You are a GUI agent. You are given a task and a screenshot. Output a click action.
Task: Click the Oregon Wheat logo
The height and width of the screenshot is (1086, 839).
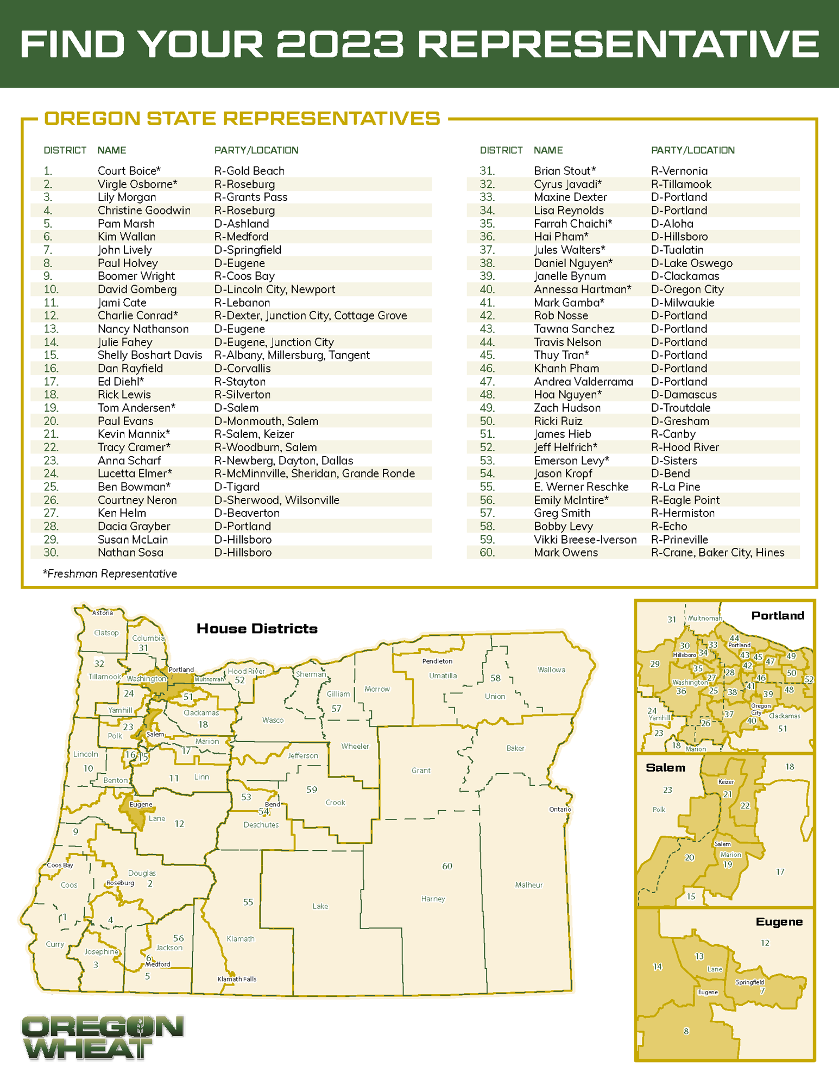[103, 1037]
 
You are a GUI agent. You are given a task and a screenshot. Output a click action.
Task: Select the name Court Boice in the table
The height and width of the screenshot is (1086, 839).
[129, 171]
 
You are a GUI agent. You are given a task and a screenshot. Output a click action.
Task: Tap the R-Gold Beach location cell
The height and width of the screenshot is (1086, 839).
[249, 171]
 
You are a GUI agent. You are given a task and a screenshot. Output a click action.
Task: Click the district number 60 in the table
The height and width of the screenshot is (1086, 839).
[487, 553]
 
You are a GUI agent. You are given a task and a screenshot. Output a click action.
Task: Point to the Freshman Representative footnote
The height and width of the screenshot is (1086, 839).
[110, 574]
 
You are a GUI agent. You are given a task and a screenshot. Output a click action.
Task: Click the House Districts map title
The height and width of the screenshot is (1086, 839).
[257, 629]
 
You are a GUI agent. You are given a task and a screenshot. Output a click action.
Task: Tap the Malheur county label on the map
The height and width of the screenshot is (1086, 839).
[528, 885]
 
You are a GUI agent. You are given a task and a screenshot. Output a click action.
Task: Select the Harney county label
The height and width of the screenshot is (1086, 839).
[433, 899]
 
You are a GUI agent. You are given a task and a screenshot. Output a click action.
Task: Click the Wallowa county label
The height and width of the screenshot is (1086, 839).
[551, 670]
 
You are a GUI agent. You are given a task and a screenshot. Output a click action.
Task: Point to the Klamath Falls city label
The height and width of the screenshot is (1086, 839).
[237, 979]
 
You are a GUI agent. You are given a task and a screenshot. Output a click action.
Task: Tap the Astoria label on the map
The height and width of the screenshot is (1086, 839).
[103, 613]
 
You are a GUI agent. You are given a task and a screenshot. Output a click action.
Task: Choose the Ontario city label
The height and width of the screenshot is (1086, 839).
[560, 809]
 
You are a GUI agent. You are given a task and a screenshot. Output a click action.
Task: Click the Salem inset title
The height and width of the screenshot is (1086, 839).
[665, 768]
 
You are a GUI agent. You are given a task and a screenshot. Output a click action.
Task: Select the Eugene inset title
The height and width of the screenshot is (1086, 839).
[779, 922]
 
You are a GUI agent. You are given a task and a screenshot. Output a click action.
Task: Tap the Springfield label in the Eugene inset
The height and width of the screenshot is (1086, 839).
[749, 982]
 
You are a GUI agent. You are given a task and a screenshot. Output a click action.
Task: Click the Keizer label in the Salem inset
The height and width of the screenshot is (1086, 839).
[726, 782]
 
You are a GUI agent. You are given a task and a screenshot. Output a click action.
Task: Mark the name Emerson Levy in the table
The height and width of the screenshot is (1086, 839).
[571, 461]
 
